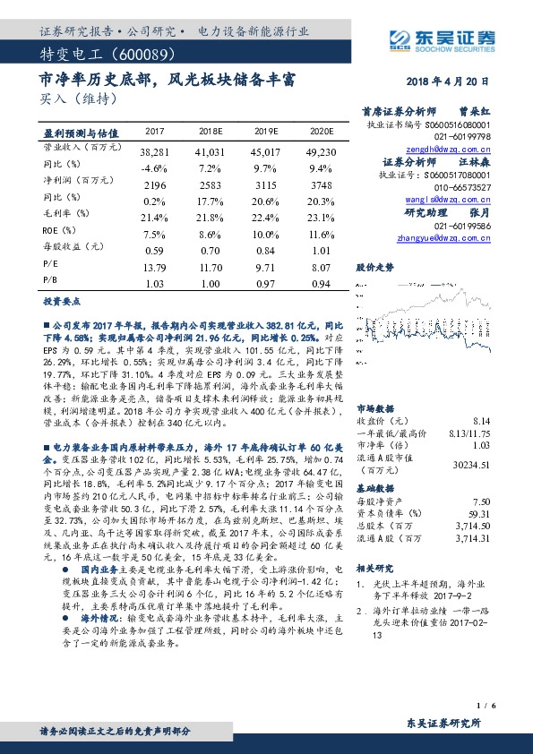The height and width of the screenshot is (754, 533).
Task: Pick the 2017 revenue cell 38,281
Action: (x=155, y=154)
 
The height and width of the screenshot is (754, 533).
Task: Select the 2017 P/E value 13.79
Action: (x=155, y=266)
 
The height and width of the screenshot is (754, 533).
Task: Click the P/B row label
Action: (x=50, y=281)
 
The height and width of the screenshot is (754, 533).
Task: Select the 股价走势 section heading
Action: (x=374, y=267)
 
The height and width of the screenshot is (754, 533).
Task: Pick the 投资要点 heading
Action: (x=63, y=303)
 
